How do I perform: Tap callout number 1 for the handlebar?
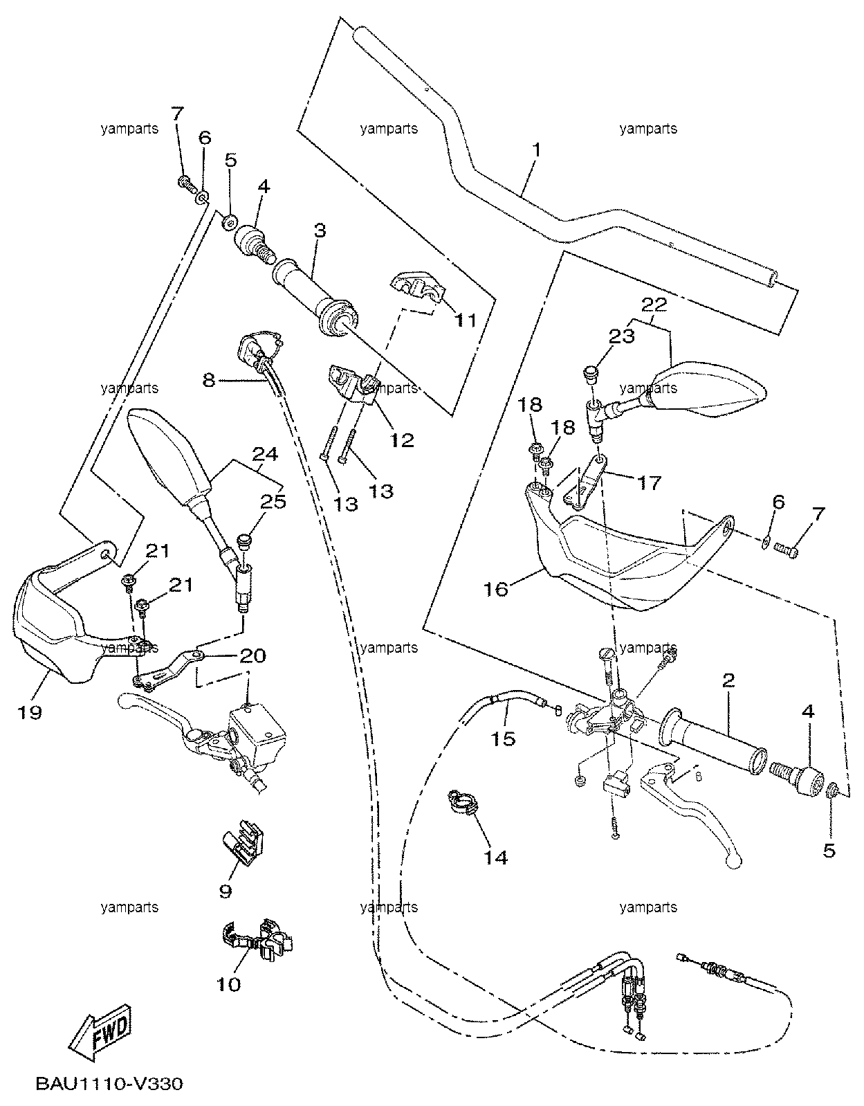(x=536, y=151)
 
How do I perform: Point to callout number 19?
(x=30, y=712)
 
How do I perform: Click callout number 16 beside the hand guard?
(x=496, y=589)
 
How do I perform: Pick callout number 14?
(x=495, y=858)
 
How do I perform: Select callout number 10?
(x=228, y=984)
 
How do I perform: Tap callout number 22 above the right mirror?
(x=654, y=305)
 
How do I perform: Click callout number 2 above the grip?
(x=728, y=680)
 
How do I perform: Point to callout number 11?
(x=466, y=320)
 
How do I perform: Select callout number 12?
(x=402, y=439)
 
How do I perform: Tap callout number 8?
(x=209, y=380)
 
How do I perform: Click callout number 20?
(x=252, y=655)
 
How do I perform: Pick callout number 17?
(x=649, y=482)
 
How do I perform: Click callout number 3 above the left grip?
(x=320, y=230)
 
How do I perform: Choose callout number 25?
(x=274, y=501)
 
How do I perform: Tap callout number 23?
(x=623, y=336)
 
